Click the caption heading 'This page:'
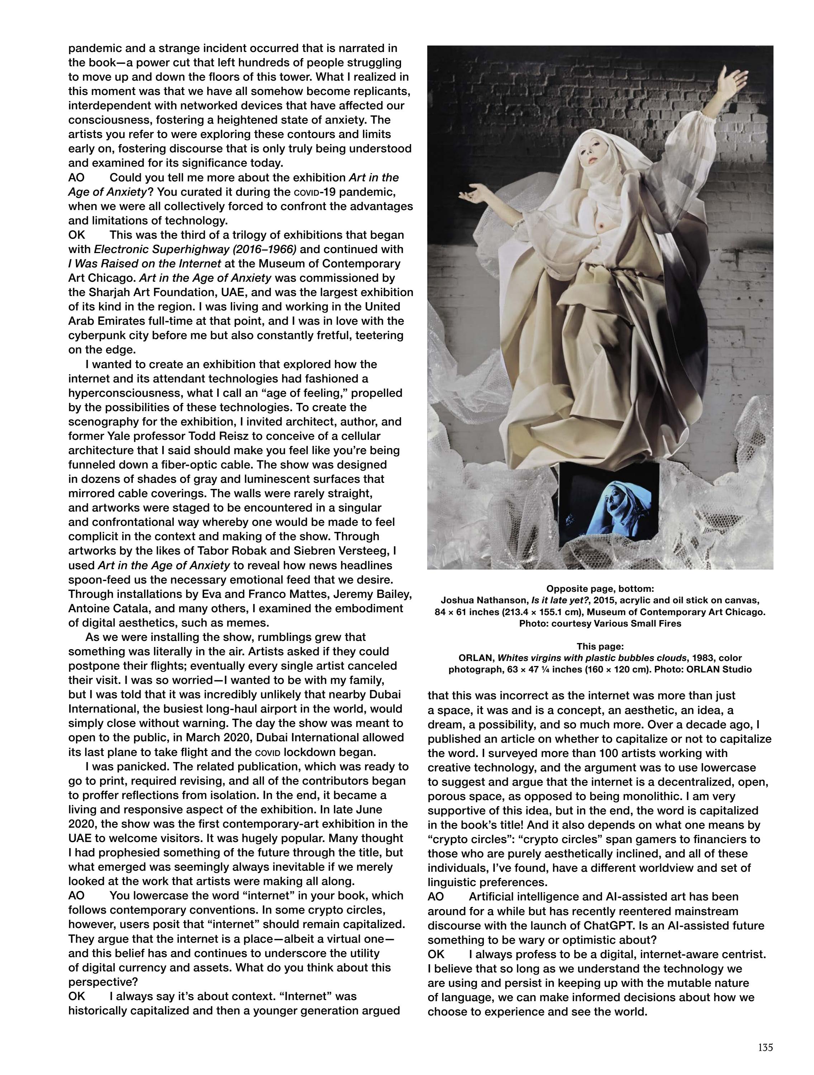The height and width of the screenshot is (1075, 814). point(600,646)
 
